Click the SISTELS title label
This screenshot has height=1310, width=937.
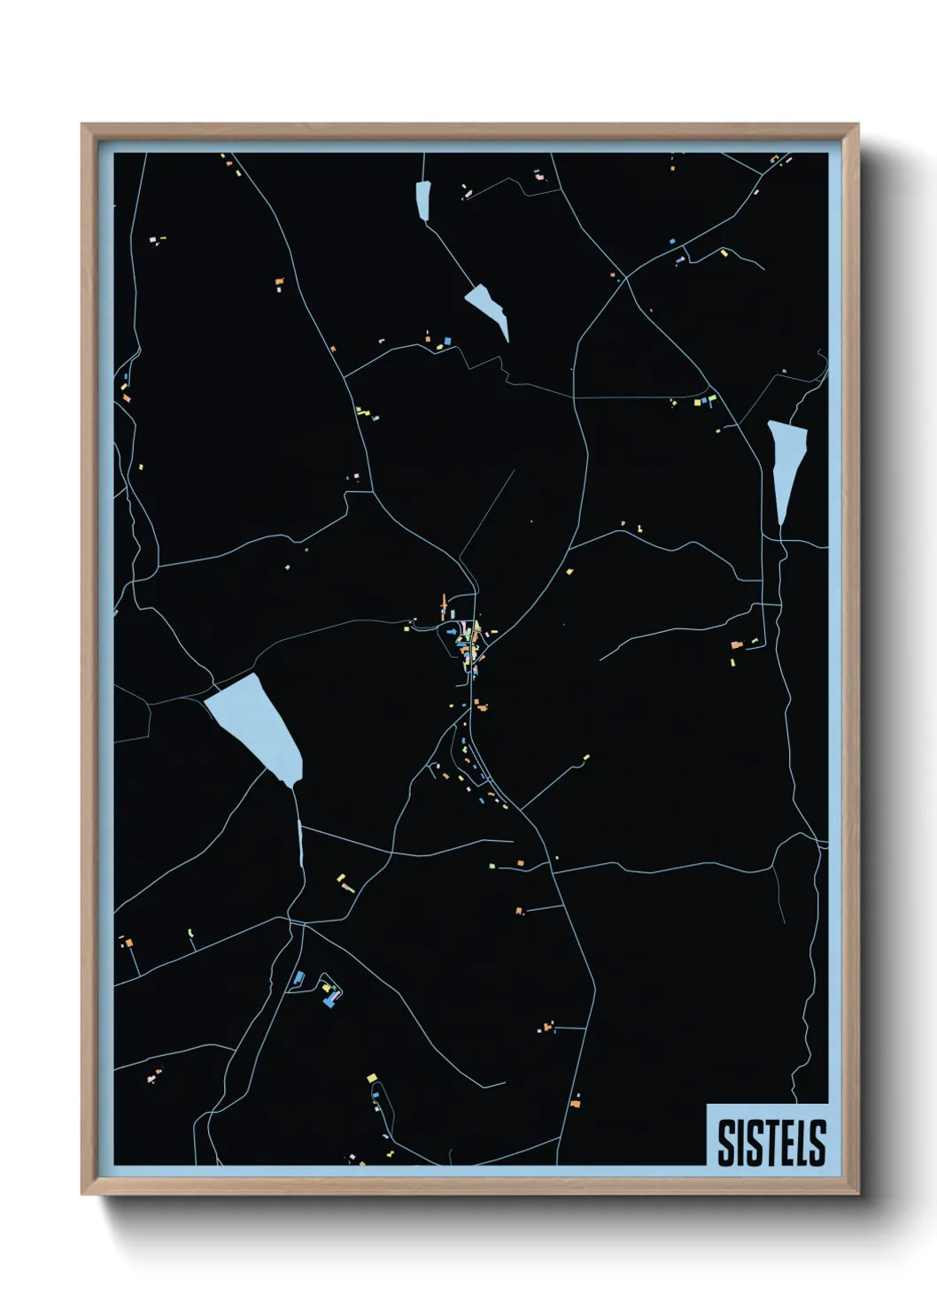771,1142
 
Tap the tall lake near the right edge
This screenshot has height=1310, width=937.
786,465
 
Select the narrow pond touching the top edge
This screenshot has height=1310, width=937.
422,200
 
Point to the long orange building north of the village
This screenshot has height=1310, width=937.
445,606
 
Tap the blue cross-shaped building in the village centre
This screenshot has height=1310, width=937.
452,632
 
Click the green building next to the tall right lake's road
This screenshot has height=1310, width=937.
755,640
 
